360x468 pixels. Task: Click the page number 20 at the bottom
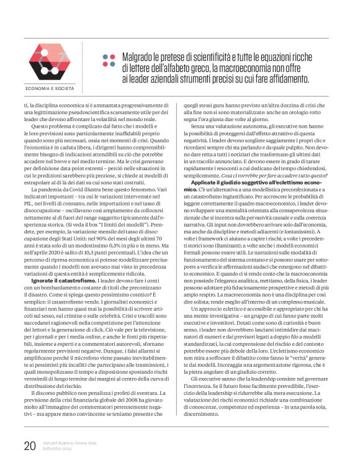point(29,446)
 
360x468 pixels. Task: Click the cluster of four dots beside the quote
point(109,60)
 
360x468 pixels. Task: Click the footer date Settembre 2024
point(58,449)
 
